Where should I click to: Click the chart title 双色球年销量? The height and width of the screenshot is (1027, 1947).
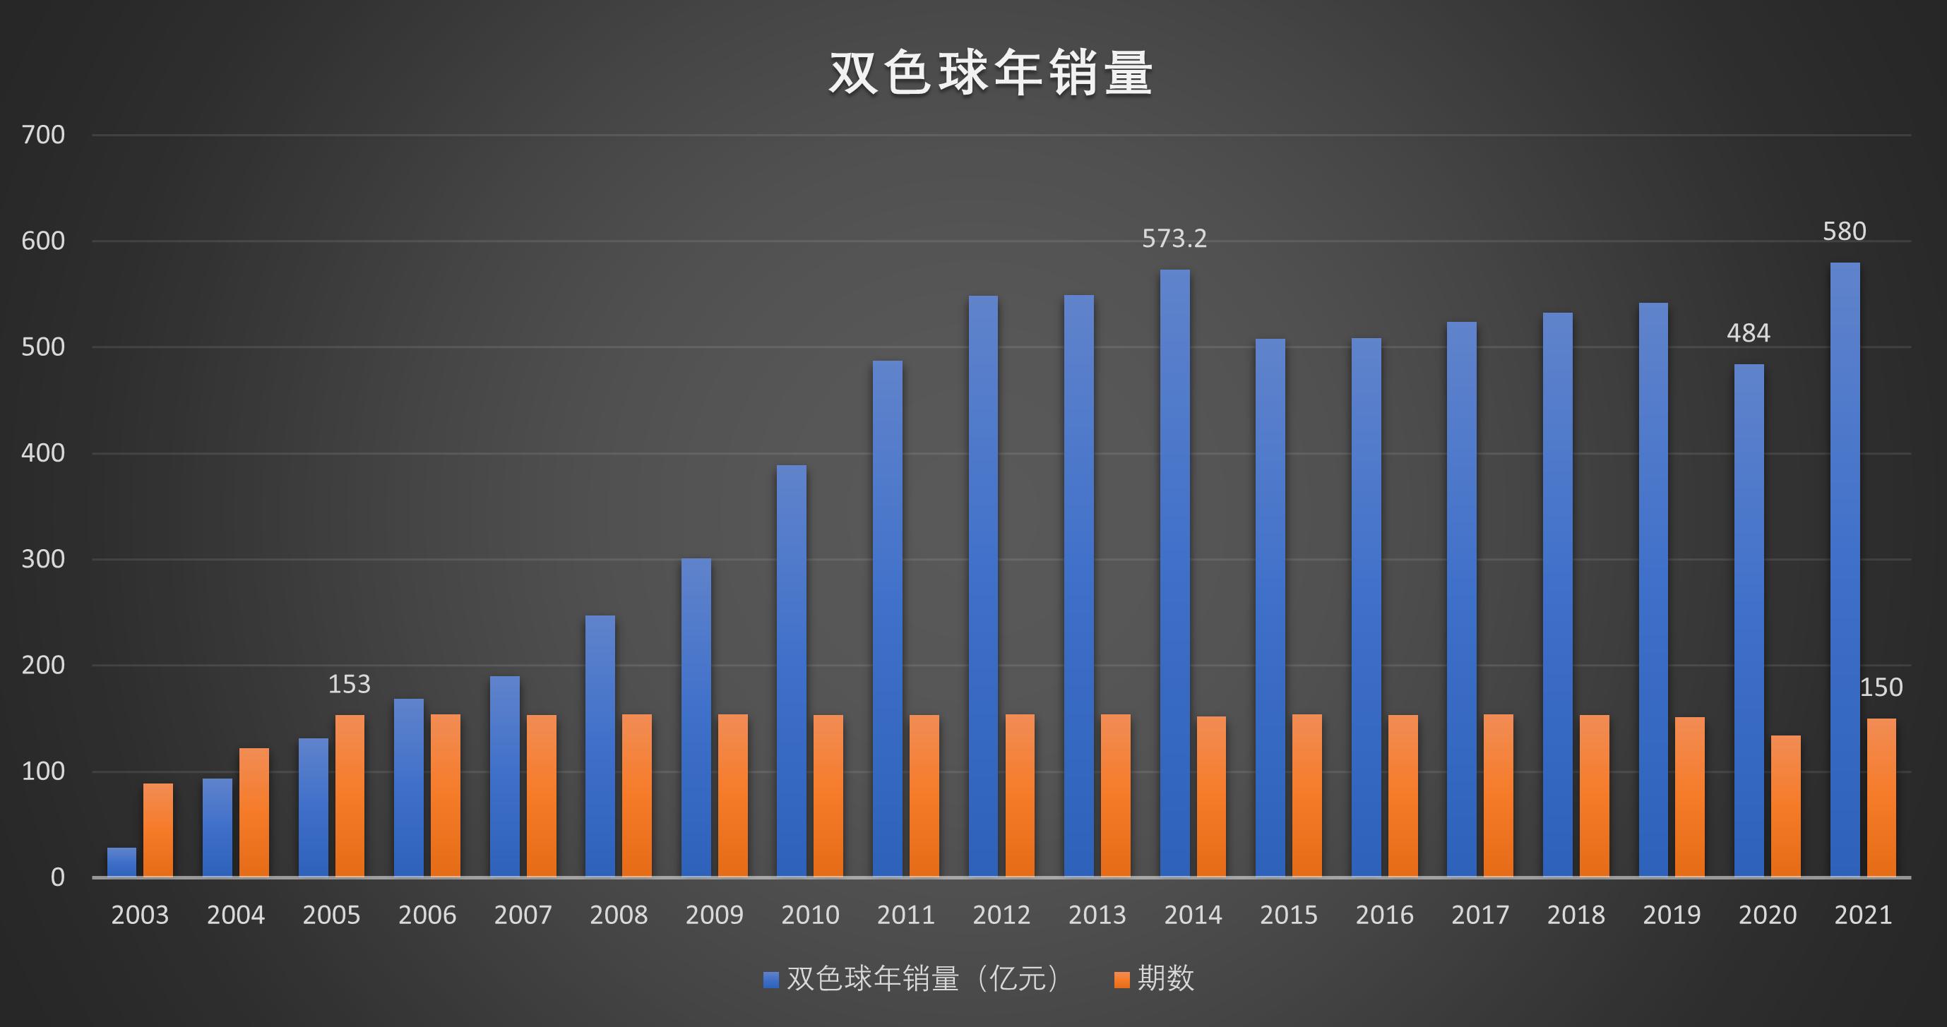coord(990,73)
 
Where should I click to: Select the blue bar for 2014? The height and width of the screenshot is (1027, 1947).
coord(1174,575)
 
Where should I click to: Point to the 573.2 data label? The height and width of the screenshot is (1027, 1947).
coord(1174,239)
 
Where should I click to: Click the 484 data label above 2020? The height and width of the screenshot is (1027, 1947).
coord(1749,333)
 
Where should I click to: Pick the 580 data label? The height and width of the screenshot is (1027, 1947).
coord(1844,232)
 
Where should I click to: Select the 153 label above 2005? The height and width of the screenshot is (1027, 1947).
coord(349,685)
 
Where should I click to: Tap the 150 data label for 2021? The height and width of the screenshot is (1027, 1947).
coord(1881,687)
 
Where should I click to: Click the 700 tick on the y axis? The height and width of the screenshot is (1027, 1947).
coord(43,136)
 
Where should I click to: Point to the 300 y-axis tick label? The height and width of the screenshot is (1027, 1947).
coord(43,559)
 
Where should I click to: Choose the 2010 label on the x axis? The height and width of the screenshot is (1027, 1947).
coord(809,915)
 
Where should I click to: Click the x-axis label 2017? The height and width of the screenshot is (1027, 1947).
coord(1480,915)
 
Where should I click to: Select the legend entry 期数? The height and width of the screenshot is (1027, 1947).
coord(1154,978)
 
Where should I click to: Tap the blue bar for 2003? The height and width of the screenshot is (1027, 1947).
coord(121,863)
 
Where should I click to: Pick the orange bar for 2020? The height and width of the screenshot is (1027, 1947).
coord(1785,806)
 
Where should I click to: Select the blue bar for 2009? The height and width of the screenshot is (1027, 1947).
coord(696,718)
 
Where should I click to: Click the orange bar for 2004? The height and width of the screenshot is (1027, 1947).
coord(254,812)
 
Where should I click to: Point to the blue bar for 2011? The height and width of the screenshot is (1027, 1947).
coord(887,620)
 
